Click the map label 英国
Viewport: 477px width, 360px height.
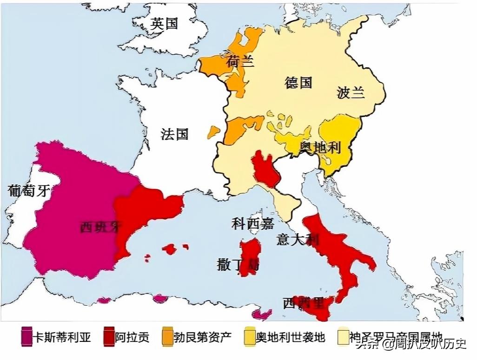click(164, 23)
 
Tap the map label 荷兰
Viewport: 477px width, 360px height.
click(240, 61)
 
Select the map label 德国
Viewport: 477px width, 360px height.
click(298, 83)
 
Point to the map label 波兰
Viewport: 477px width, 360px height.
click(351, 93)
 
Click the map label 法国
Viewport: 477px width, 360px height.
click(175, 134)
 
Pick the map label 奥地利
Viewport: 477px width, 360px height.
click(320, 148)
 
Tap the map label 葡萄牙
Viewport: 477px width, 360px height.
click(28, 190)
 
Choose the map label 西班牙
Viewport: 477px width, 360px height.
click(101, 227)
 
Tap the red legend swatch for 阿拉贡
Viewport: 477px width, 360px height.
click(109, 336)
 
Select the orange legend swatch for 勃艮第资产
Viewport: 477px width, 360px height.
click(167, 336)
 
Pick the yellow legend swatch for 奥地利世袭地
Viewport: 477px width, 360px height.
click(250, 336)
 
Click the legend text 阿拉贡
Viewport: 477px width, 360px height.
click(132, 336)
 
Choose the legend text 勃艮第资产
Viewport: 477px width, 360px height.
click(202, 336)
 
